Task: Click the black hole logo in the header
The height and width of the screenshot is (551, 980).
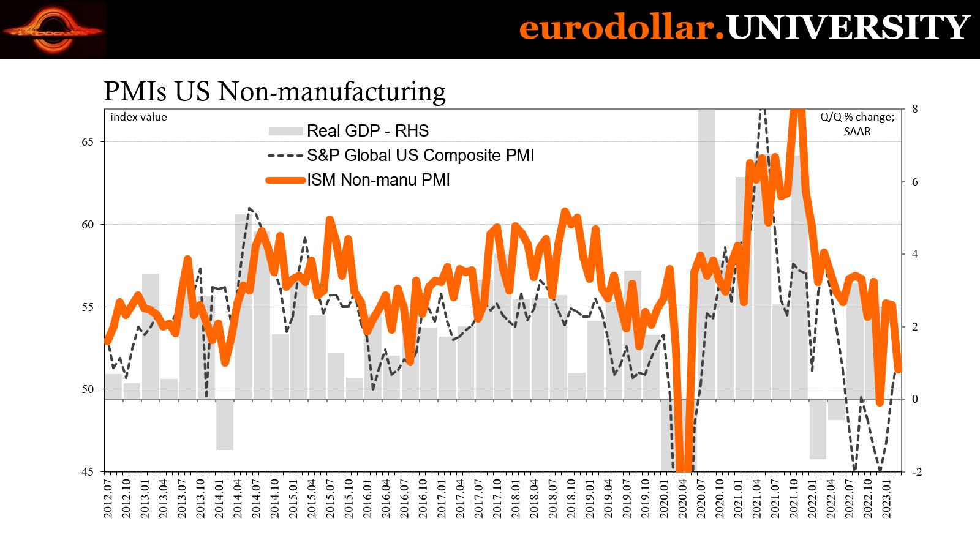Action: pyautogui.click(x=53, y=29)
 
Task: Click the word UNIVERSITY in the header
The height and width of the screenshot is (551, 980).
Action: pyautogui.click(x=848, y=28)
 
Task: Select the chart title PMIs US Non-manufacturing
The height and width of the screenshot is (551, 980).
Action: pyautogui.click(x=274, y=91)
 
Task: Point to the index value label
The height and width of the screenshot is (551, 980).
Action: pyautogui.click(x=138, y=117)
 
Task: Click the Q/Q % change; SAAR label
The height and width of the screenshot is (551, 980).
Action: pyautogui.click(x=857, y=124)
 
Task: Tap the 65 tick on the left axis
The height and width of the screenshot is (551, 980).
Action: pyautogui.click(x=88, y=142)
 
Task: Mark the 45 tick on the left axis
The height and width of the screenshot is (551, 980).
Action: pyautogui.click(x=88, y=472)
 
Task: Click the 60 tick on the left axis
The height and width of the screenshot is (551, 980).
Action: pyautogui.click(x=88, y=225)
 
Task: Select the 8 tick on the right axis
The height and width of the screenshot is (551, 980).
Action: pyautogui.click(x=915, y=109)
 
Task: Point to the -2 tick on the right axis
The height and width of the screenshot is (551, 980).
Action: pyautogui.click(x=916, y=472)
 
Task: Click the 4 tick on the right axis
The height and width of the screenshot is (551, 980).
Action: pyautogui.click(x=915, y=254)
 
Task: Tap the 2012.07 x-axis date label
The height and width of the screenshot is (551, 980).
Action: pyautogui.click(x=108, y=498)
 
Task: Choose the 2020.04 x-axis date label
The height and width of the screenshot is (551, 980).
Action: pyautogui.click(x=683, y=498)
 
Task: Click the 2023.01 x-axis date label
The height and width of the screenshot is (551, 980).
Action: pyautogui.click(x=887, y=498)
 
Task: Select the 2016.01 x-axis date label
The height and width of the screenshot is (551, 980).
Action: pyautogui.click(x=367, y=498)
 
